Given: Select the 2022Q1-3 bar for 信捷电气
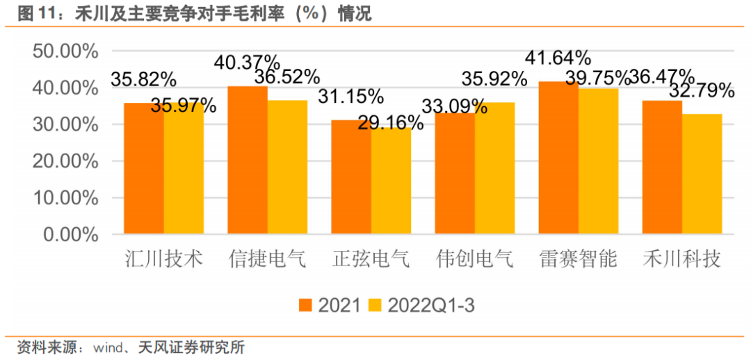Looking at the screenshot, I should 287,167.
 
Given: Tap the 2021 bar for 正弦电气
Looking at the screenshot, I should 351,177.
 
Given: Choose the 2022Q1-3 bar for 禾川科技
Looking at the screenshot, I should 702,174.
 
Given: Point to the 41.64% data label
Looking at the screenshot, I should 558,58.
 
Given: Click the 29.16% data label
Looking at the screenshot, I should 391,123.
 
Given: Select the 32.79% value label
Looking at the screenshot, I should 702,90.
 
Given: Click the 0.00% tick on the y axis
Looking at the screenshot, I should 71,234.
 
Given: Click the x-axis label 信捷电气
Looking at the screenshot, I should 267,260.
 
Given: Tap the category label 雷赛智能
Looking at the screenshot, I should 579,260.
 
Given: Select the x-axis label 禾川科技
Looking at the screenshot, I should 681,260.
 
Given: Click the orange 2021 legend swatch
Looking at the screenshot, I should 305,304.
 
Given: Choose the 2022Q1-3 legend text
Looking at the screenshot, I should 431,304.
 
